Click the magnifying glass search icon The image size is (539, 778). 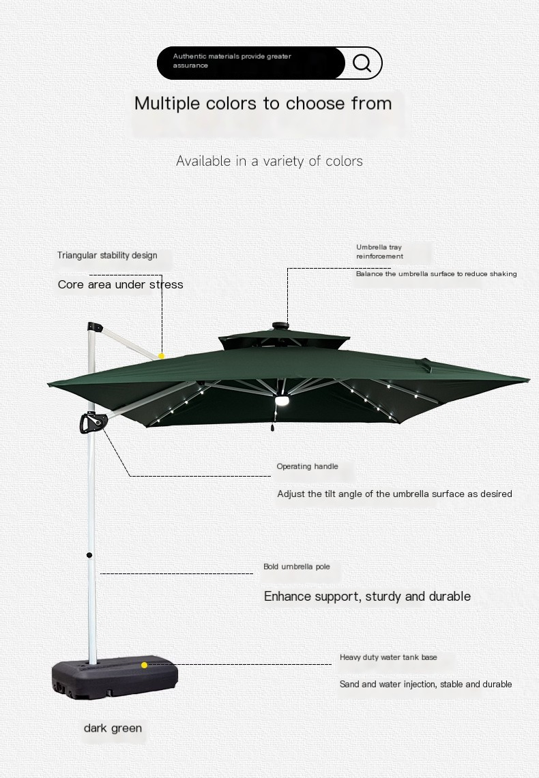point(362,63)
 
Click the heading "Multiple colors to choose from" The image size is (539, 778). point(263,103)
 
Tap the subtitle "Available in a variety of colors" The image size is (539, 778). point(269,161)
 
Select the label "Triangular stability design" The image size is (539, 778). point(107,255)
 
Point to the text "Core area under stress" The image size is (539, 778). point(121,284)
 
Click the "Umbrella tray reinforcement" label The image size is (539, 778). point(379,252)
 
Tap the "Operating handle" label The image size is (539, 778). point(307,466)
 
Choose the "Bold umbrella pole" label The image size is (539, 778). point(297,567)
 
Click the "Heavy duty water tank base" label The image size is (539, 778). point(389,657)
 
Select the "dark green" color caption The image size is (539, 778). point(113,728)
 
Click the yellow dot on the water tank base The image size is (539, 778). point(145,665)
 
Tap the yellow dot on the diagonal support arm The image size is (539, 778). point(161,356)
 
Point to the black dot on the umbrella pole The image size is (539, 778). point(89,555)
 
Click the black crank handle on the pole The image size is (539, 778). point(92,423)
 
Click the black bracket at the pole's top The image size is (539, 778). point(95,327)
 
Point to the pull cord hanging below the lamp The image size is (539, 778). point(272,419)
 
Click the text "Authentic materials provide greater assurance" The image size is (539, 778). point(232,61)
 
